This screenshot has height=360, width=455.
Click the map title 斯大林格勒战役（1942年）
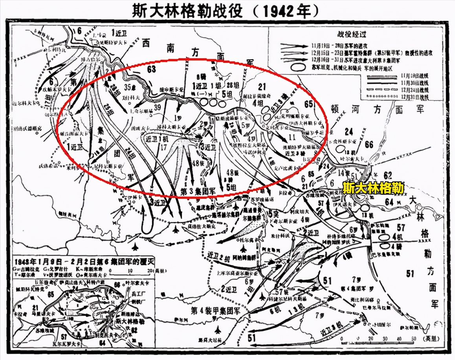pyautogui.click(x=227, y=11)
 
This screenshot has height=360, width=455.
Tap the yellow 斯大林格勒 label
pyautogui.click(x=373, y=188)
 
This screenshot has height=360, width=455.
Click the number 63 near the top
pyautogui.click(x=151, y=70)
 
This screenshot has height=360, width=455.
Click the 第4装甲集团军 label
pyautogui.click(x=215, y=310)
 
